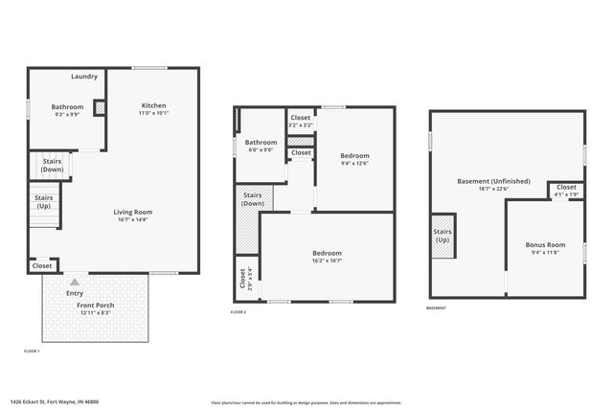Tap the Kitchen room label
click(154, 105)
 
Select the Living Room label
click(133, 213)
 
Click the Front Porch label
click(95, 305)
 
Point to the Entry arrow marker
click(49, 284)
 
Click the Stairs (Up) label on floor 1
click(44, 202)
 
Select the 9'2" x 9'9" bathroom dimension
click(67, 114)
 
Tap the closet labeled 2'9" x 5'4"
click(242, 279)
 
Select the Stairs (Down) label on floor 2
click(253, 199)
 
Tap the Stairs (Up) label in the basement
click(443, 235)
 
